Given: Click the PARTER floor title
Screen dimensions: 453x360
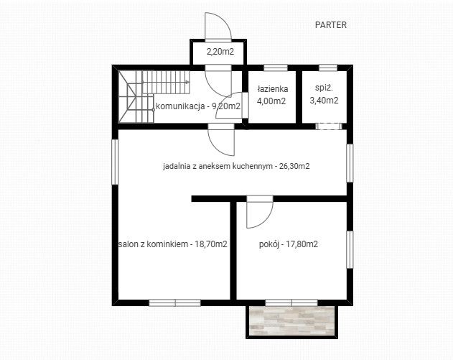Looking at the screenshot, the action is tap(330, 25).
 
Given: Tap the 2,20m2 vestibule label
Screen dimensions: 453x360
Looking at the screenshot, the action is tap(220, 52).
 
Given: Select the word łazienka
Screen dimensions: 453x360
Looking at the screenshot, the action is tap(272, 89).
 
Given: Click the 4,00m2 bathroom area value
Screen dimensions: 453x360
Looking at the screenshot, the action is tap(271, 101).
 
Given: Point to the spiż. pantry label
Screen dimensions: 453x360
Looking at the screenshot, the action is tap(324, 88).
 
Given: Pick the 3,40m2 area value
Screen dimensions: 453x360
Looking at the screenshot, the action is tap(324, 101).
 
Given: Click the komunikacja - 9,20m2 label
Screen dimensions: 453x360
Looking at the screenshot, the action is tap(198, 106).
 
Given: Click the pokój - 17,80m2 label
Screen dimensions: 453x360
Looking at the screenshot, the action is tap(289, 244).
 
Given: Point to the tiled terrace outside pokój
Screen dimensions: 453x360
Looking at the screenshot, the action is tap(291, 321).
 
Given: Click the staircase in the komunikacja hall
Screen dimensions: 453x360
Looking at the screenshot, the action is tap(153, 96).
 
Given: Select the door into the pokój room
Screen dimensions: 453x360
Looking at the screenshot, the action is tap(259, 212).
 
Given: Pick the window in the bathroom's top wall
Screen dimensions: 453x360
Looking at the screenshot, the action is tap(276, 68).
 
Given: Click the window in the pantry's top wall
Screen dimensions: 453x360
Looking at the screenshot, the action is tap(328, 68).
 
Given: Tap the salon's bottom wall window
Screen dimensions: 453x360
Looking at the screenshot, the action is tap(174, 303).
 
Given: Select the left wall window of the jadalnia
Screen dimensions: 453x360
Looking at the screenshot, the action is tap(115, 162).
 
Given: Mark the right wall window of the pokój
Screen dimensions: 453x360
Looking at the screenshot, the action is tap(350, 249).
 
